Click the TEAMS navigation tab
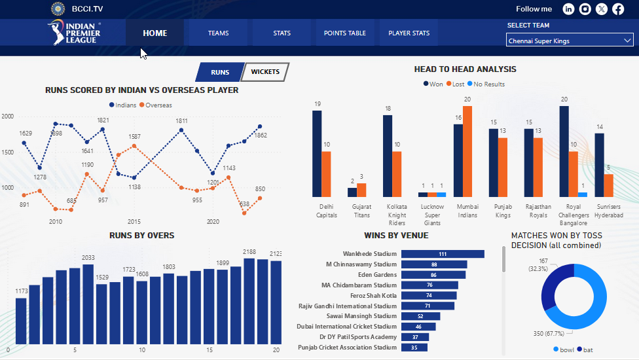(x=218, y=33)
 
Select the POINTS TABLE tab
(x=344, y=33)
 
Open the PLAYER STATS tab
(x=409, y=33)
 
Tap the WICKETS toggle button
(x=265, y=72)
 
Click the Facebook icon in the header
(x=618, y=9)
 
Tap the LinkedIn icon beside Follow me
(x=568, y=9)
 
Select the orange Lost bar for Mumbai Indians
(x=467, y=151)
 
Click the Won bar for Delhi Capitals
(x=317, y=153)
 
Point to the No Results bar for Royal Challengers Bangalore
(x=583, y=194)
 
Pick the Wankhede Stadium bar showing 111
(x=443, y=254)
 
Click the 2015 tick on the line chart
(x=134, y=222)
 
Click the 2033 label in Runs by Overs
(x=88, y=258)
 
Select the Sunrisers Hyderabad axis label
(x=608, y=211)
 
